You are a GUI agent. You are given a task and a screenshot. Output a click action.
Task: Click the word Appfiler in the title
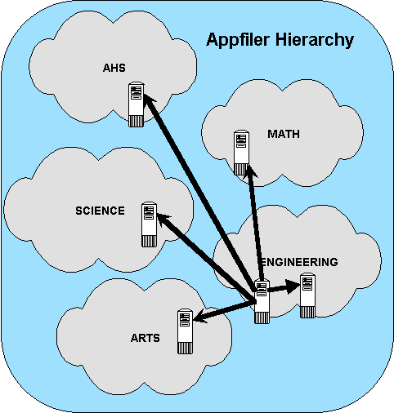tap(239, 40)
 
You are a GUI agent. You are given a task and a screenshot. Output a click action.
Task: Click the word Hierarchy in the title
tap(315, 40)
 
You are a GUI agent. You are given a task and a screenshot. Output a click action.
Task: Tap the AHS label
tap(114, 68)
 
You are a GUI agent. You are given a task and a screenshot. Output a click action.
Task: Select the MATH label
tap(284, 134)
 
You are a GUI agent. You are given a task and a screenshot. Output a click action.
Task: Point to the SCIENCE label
tap(100, 211)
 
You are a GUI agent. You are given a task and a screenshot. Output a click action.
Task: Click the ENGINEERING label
tap(299, 262)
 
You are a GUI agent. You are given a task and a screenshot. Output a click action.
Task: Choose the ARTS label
tap(146, 338)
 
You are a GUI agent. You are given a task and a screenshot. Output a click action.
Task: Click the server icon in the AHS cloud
tap(136, 104)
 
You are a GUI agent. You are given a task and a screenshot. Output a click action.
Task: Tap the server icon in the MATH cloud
tap(241, 153)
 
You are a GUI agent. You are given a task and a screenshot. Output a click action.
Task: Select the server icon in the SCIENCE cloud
tap(150, 224)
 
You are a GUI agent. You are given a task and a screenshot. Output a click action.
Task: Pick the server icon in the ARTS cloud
tap(185, 331)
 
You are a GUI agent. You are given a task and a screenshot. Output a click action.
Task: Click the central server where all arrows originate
tap(262, 301)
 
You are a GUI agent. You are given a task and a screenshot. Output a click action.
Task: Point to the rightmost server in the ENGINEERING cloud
tap(307, 295)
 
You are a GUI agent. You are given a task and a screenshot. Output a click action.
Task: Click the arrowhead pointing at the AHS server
tap(149, 100)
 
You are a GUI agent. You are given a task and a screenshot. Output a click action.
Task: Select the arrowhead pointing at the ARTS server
tap(201, 316)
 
